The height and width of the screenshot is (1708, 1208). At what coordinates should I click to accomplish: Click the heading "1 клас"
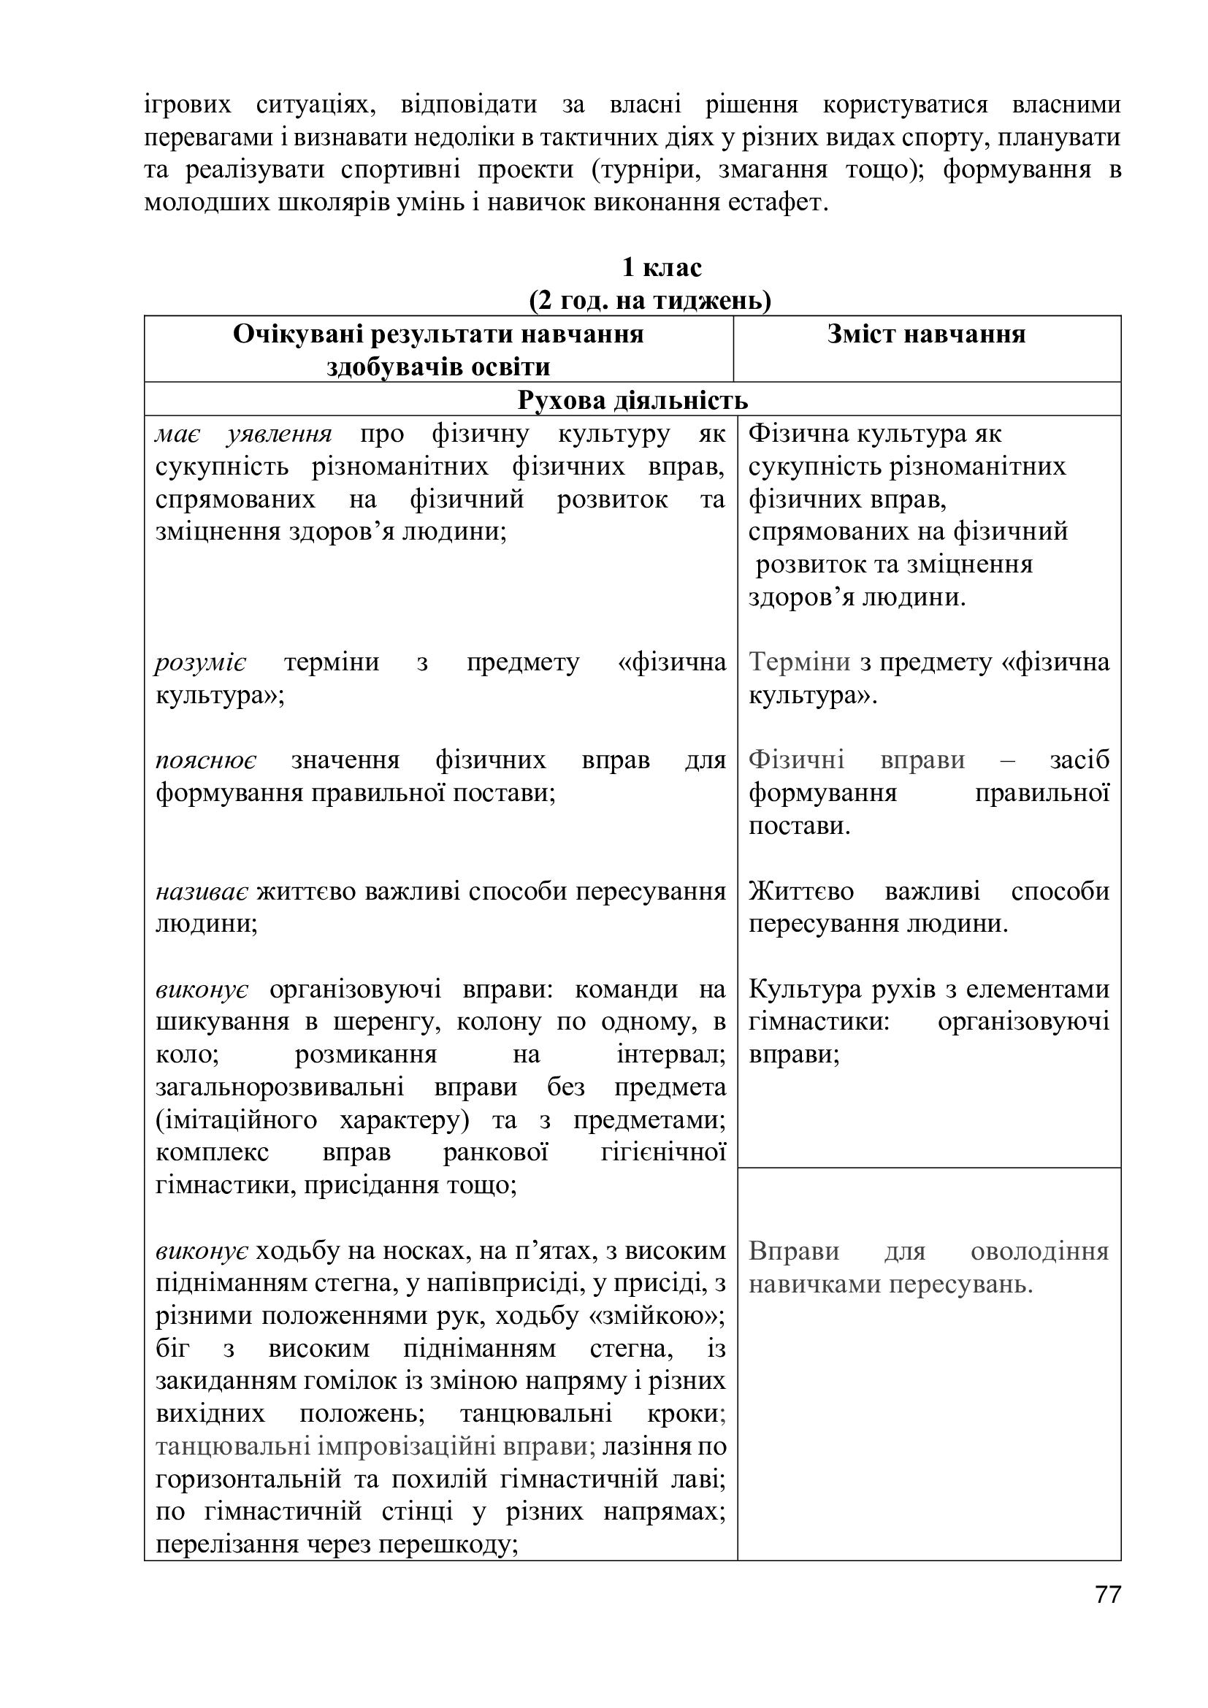661,267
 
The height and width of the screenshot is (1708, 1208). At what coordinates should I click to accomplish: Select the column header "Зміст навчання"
926,334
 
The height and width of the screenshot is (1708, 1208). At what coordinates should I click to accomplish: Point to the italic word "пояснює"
206,760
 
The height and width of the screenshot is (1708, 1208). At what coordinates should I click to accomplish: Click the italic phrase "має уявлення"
243,434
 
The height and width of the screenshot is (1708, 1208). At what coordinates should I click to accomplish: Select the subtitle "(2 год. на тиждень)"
649,301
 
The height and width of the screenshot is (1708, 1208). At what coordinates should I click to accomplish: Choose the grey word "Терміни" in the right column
799,662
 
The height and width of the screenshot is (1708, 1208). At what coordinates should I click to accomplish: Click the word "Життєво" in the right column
800,891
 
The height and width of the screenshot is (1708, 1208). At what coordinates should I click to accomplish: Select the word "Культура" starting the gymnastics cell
804,989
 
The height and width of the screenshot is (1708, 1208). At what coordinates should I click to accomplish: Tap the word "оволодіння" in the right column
1039,1252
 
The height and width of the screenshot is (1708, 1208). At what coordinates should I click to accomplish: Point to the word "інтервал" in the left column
670,1055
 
